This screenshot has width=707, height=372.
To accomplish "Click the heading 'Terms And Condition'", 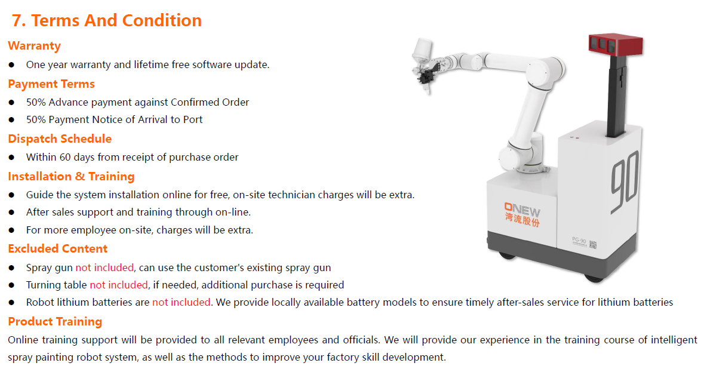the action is click(116, 20).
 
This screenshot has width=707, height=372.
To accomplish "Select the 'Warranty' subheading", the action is click(34, 46).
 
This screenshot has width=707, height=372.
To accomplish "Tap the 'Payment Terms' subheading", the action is click(51, 84).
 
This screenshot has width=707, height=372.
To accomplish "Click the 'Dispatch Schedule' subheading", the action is click(60, 139).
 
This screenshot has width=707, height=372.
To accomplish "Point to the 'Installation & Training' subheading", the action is click(71, 176).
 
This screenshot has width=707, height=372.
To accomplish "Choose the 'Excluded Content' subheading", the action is click(58, 248).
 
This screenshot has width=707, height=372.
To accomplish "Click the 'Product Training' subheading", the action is click(55, 321).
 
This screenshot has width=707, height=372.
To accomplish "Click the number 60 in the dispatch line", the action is click(65, 157).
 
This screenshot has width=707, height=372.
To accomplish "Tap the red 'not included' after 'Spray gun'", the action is click(104, 268).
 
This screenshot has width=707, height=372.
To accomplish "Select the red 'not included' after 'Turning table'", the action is click(119, 285).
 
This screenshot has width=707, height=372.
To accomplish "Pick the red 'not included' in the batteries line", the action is click(182, 302).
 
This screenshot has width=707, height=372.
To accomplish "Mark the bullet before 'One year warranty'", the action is click(12, 65).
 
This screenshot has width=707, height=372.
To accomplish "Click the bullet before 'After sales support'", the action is click(12, 213).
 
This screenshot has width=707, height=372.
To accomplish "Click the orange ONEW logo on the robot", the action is click(522, 210).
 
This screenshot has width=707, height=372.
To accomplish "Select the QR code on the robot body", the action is click(593, 245).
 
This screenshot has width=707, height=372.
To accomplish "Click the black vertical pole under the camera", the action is click(616, 96).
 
